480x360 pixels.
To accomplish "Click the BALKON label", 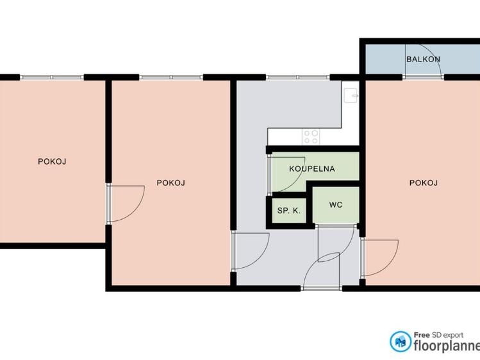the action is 423,59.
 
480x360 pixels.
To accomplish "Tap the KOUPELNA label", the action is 312,169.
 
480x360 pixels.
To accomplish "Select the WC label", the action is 336,205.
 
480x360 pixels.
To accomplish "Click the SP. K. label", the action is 289,211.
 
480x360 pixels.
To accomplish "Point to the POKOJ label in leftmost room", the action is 52,161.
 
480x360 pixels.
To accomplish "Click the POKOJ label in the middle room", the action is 171,183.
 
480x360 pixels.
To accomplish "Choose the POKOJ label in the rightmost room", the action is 424,183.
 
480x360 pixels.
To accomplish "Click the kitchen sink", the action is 351,95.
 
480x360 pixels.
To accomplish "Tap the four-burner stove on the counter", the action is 311,136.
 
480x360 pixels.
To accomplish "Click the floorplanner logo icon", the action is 401,341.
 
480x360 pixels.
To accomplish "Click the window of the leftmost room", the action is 52,77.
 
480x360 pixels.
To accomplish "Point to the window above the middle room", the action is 171,77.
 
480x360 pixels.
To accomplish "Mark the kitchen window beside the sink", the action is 298,77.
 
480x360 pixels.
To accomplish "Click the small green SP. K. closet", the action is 289,211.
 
